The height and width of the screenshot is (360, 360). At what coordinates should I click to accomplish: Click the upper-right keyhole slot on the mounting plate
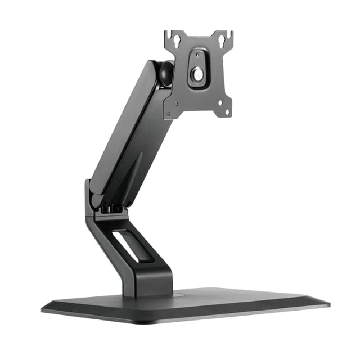pos(223,40)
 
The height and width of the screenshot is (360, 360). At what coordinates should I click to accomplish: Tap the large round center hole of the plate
pos(198,74)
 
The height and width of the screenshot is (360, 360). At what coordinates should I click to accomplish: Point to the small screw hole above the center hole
pos(198,57)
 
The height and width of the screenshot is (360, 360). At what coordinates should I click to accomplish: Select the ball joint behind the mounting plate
pos(165,73)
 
